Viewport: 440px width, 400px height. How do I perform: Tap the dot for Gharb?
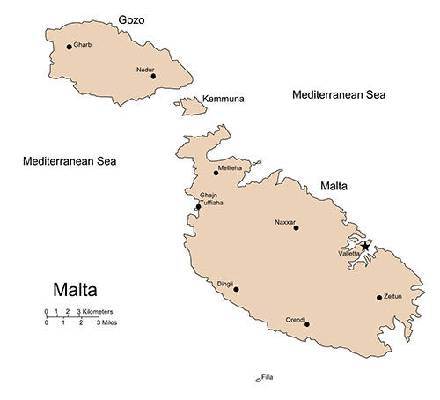coord(69,48)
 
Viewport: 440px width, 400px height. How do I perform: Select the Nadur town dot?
coord(153,76)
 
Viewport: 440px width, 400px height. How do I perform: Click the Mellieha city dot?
coord(216,173)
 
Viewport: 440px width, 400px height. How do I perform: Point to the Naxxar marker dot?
coord(296,228)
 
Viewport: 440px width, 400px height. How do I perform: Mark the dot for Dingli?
coord(236,289)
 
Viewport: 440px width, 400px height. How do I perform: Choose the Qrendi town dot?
coord(306,324)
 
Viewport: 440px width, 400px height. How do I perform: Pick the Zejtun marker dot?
coord(379,297)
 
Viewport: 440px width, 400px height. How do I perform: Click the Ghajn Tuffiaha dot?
coord(198,207)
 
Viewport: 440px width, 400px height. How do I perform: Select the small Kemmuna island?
coord(189,107)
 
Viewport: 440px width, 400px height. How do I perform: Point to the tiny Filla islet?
coord(258,381)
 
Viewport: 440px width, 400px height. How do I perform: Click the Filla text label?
coord(268,377)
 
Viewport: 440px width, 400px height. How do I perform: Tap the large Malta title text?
coord(77,289)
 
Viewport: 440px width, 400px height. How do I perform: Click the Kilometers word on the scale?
coord(97,313)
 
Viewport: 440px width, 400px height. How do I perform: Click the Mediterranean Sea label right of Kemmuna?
coord(340,94)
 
